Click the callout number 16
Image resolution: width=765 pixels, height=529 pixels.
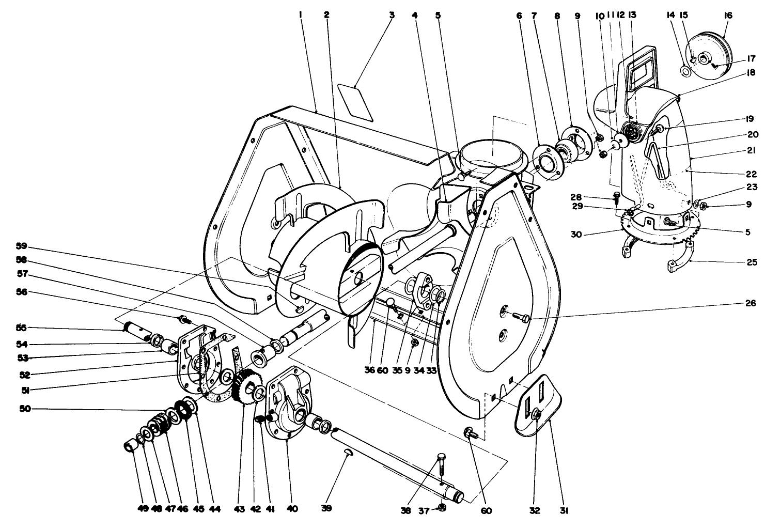click(728, 15)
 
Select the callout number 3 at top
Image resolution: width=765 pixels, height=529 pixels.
click(392, 15)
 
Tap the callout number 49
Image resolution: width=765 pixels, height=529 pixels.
click(143, 509)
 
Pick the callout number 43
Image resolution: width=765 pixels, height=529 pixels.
click(239, 509)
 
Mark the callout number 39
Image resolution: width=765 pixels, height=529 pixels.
click(326, 509)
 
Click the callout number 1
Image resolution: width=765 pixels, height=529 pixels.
click(300, 15)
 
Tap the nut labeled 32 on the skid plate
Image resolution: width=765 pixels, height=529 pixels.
click(536, 414)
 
